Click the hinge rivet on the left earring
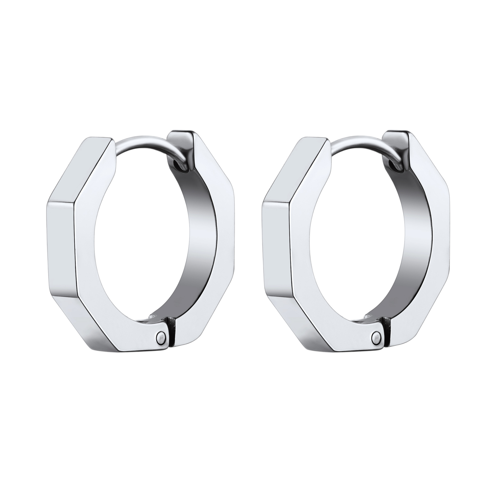point(160,336)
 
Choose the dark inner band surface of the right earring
point(415,241)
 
